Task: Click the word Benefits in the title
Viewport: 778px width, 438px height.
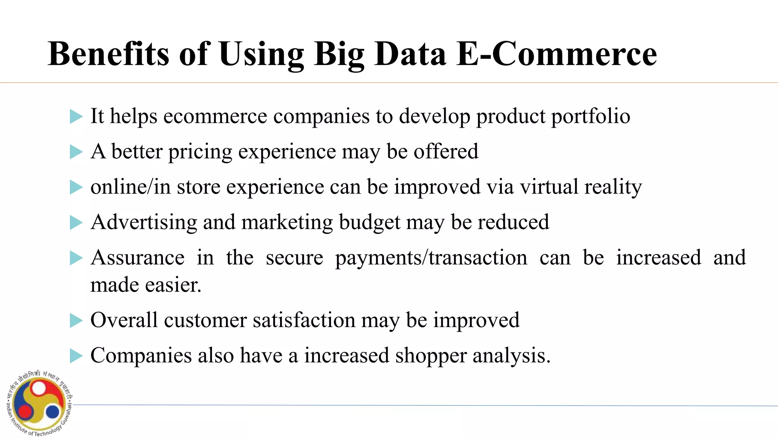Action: coord(108,54)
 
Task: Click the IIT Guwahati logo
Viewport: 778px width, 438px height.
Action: coord(40,403)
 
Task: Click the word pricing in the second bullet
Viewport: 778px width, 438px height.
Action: coord(200,152)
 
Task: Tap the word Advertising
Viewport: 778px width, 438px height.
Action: coord(144,222)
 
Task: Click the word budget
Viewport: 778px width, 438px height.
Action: coord(369,222)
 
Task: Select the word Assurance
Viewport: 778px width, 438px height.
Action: coord(138,258)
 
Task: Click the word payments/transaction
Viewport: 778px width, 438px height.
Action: coord(431,258)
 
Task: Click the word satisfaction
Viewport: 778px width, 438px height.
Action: coord(304,320)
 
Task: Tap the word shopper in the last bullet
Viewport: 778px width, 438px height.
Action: coord(431,356)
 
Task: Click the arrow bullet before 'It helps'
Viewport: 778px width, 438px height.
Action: coord(76,117)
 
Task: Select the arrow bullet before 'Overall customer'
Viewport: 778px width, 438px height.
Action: coord(76,321)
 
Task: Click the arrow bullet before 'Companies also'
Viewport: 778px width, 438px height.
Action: coord(76,356)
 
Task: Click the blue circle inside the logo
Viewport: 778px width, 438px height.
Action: coord(52,412)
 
